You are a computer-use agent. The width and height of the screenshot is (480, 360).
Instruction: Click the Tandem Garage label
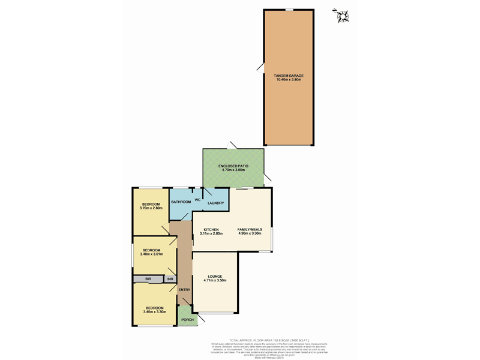tap(289, 76)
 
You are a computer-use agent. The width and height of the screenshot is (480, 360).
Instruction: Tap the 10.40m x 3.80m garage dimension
tap(289, 80)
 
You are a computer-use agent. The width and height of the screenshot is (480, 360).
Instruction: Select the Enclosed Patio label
tap(233, 166)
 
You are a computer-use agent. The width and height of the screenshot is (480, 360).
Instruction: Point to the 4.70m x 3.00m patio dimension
tap(233, 170)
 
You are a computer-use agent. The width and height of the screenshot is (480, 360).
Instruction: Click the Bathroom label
tap(181, 202)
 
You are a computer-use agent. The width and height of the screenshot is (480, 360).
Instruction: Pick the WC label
tap(197, 199)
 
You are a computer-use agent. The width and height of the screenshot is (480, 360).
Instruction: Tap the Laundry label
tap(215, 203)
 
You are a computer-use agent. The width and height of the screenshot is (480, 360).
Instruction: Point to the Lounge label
tap(215, 276)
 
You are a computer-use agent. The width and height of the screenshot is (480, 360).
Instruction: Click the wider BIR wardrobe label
tap(148, 279)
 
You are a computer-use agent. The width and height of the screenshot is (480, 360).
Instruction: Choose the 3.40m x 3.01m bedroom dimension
tap(151, 254)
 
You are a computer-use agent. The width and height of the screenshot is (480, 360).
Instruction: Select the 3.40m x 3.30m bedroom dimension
tap(155, 312)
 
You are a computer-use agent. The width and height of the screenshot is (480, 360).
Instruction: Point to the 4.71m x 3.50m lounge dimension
tap(215, 280)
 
